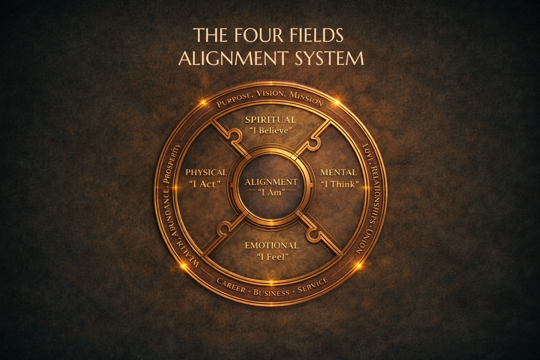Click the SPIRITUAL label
pos(270,120)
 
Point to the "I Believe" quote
pos(270,130)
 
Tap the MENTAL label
pos(339,172)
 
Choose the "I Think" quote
pos(339,184)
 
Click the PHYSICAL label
pos(206,172)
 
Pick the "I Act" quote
pos(204,184)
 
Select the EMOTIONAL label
pos(271,245)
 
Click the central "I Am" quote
pos(271,192)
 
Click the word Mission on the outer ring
pos(307,99)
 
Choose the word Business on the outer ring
pos(271,292)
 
